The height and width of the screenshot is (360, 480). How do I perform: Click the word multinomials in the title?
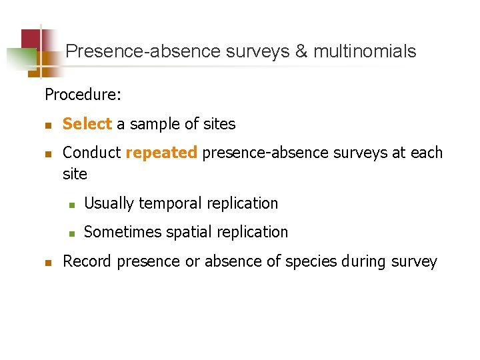365,51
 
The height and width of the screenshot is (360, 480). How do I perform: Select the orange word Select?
87,124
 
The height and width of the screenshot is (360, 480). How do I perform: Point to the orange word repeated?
161,153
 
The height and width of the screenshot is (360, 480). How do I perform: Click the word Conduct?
91,153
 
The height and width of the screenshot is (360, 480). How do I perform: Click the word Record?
87,261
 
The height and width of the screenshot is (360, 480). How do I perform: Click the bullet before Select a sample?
48,125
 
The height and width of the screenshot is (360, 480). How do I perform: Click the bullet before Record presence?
48,262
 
